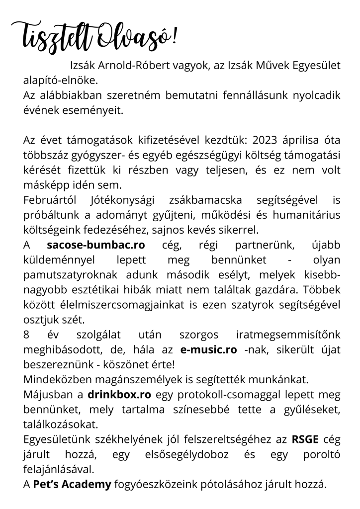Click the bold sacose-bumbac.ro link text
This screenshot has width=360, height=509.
click(x=95, y=245)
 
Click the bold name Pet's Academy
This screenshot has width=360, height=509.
click(x=72, y=485)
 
